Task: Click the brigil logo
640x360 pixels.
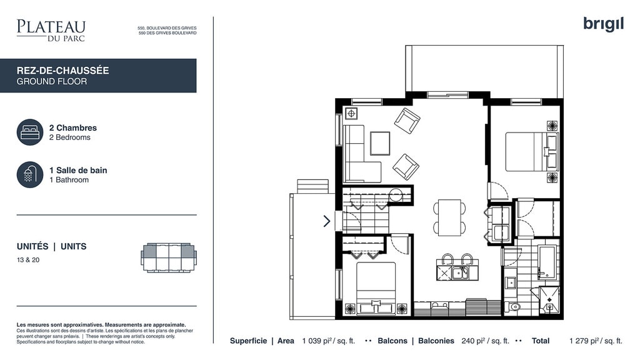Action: click(x=603, y=24)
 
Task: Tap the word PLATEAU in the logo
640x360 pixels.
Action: click(x=51, y=27)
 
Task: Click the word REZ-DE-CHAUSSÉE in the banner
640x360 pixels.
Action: click(x=63, y=71)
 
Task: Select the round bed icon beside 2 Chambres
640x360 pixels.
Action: click(x=30, y=132)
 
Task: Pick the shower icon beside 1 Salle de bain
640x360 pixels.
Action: click(x=30, y=175)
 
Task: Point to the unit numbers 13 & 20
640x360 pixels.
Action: click(x=28, y=260)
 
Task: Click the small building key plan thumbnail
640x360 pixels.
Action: click(x=169, y=258)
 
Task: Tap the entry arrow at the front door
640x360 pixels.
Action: click(x=327, y=221)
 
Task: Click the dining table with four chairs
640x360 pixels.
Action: click(x=449, y=217)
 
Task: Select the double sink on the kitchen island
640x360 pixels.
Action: click(x=460, y=272)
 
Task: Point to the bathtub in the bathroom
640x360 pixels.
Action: click(x=546, y=262)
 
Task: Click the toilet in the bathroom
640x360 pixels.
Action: click(x=514, y=306)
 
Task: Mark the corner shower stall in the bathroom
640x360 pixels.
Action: click(x=549, y=301)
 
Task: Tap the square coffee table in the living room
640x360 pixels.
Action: click(x=380, y=143)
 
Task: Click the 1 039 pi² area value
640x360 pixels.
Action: click(x=329, y=341)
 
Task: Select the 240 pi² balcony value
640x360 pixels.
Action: click(x=485, y=341)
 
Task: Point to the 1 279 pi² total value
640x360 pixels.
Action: click(x=596, y=341)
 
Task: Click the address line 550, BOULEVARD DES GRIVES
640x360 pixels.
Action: click(x=167, y=28)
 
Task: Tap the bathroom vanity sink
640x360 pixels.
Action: click(x=510, y=282)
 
